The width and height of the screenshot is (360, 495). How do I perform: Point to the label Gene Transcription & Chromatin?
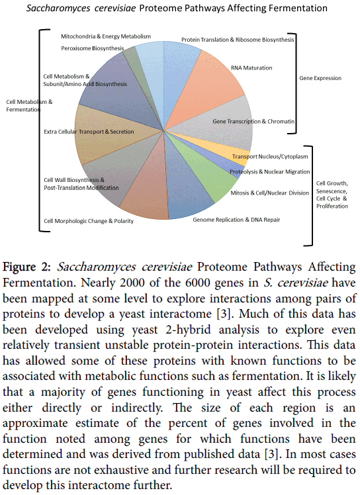click(x=253, y=122)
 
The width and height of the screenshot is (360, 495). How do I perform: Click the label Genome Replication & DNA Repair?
click(x=236, y=220)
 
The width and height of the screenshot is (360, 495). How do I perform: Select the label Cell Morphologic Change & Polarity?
click(x=89, y=221)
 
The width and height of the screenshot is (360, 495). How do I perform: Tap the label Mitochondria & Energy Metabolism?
click(x=106, y=36)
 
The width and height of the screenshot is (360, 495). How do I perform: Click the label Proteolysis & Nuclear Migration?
click(x=270, y=172)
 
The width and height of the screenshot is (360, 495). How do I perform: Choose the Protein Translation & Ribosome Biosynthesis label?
click(x=238, y=40)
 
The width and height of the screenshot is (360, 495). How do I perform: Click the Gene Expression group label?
click(x=320, y=78)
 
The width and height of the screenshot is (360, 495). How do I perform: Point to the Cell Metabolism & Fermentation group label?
click(x=29, y=106)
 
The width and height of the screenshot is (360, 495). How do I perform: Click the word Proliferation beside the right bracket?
click(x=332, y=206)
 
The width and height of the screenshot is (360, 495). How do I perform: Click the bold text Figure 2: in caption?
click(x=26, y=267)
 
